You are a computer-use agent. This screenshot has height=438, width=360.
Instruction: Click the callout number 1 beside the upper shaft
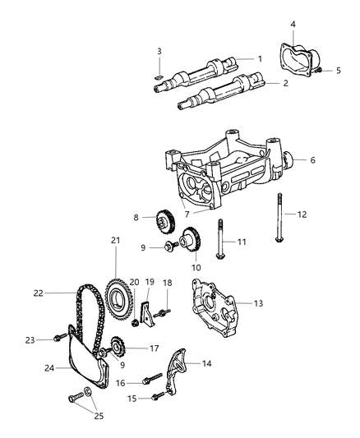(x=259, y=59)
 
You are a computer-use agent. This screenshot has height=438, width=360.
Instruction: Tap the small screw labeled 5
(x=316, y=71)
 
